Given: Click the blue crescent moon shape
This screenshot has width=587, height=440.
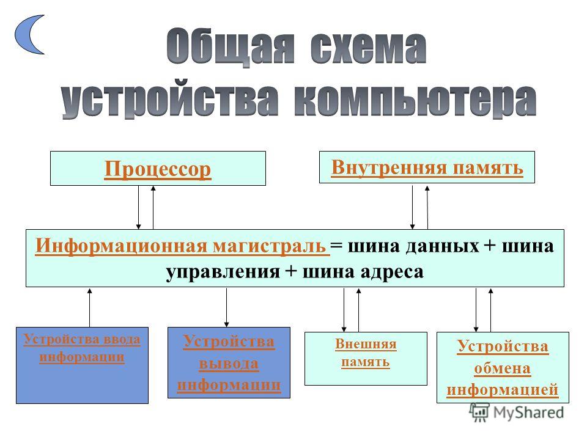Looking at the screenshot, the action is pyautogui.click(x=23, y=34).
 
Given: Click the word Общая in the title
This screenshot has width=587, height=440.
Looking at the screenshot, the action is pyautogui.click(x=231, y=47).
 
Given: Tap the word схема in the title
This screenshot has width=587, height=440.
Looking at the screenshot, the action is pyautogui.click(x=368, y=48).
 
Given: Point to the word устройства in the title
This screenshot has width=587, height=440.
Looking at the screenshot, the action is pyautogui.click(x=171, y=99).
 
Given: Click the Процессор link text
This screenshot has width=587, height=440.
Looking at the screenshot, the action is pyautogui.click(x=158, y=169).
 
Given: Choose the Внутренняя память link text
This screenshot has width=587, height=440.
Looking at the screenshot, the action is pyautogui.click(x=427, y=167).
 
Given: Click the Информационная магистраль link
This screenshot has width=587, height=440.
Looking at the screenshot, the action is pyautogui.click(x=182, y=246).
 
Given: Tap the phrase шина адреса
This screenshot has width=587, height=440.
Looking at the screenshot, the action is pyautogui.click(x=363, y=271).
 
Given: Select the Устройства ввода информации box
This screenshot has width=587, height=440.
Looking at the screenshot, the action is pyautogui.click(x=82, y=365).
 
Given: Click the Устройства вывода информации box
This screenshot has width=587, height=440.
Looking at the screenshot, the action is pyautogui.click(x=229, y=362).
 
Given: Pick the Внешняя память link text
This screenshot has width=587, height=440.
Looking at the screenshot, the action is pyautogui.click(x=366, y=353).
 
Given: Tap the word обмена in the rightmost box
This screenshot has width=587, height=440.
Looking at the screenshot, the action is pyautogui.click(x=503, y=369).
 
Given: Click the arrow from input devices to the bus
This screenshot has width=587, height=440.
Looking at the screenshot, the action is pyautogui.click(x=89, y=307).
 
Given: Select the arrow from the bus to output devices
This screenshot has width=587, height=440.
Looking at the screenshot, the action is pyautogui.click(x=226, y=307).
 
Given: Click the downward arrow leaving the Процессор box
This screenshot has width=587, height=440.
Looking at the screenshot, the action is pyautogui.click(x=139, y=207).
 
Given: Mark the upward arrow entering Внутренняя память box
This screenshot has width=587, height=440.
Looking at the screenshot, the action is pyautogui.click(x=427, y=207).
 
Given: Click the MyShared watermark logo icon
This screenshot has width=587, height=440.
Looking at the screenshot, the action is pyautogui.click(x=479, y=413).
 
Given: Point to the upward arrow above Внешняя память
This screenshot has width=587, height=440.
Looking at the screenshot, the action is pyautogui.click(x=359, y=310).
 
